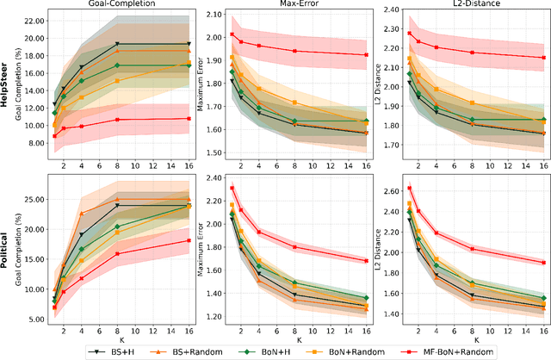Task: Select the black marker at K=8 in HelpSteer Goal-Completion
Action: (117, 44)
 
